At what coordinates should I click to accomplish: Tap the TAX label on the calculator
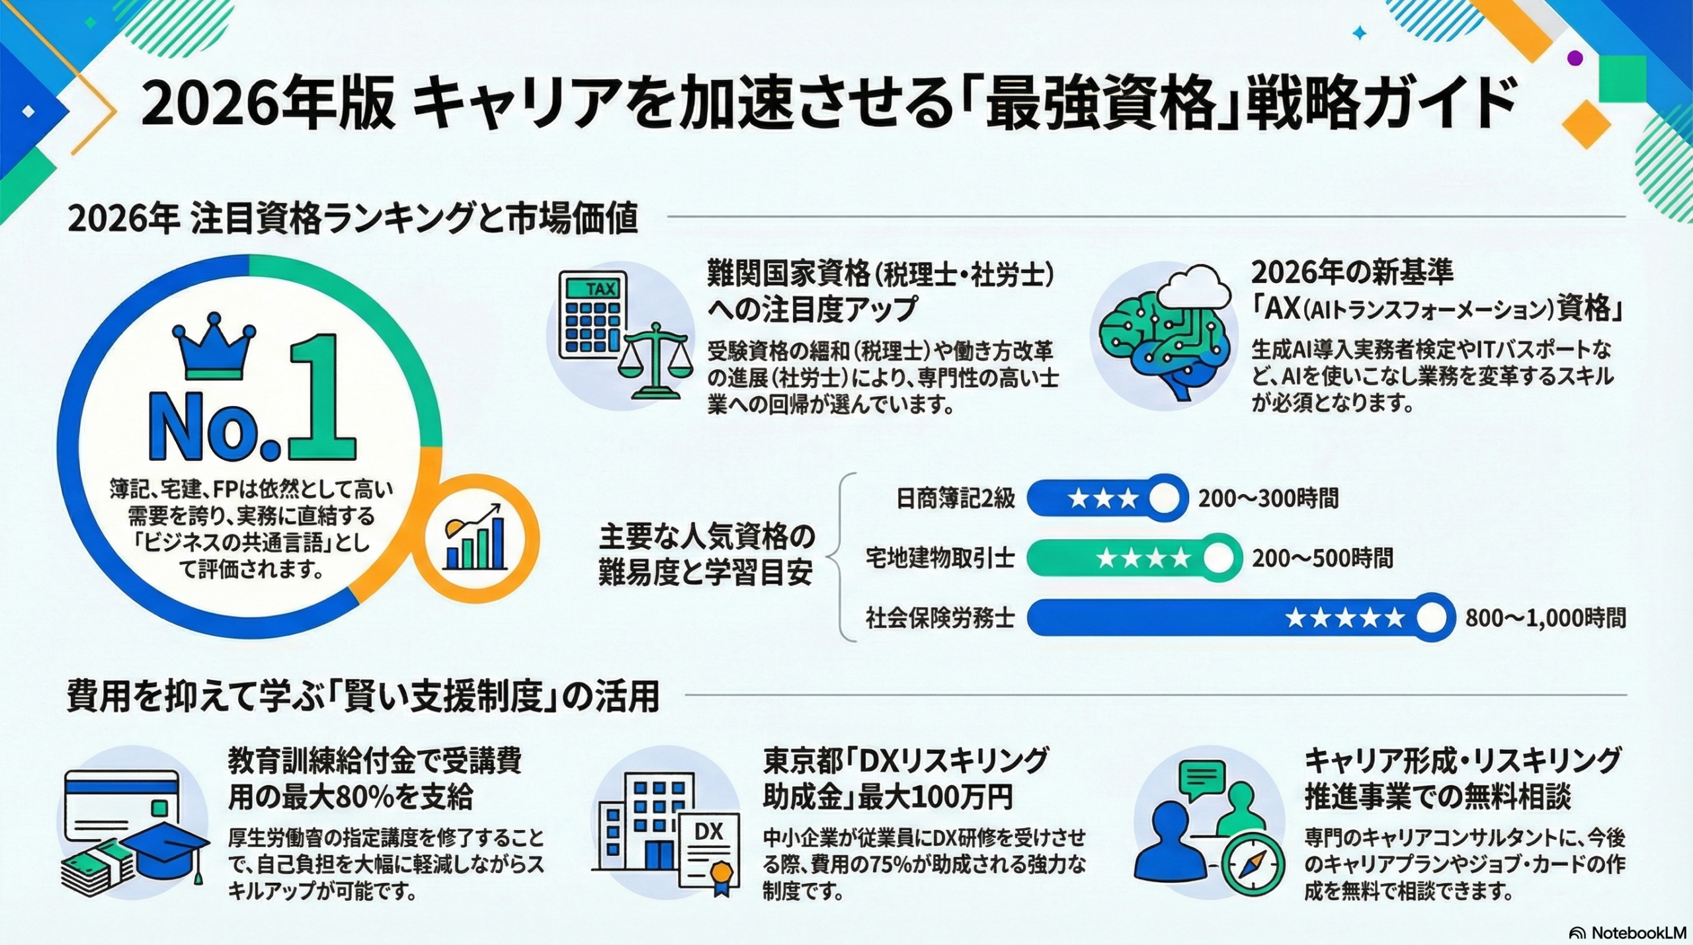(x=600, y=289)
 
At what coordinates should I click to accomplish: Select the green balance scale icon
(x=655, y=360)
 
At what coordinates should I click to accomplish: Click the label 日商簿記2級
(x=955, y=498)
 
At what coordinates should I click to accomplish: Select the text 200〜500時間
(x=1322, y=558)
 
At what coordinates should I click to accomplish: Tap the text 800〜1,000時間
(x=1545, y=618)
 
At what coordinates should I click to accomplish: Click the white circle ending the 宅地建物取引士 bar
(x=1217, y=558)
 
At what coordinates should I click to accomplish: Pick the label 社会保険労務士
(x=940, y=618)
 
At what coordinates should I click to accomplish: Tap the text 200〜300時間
(x=1268, y=498)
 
